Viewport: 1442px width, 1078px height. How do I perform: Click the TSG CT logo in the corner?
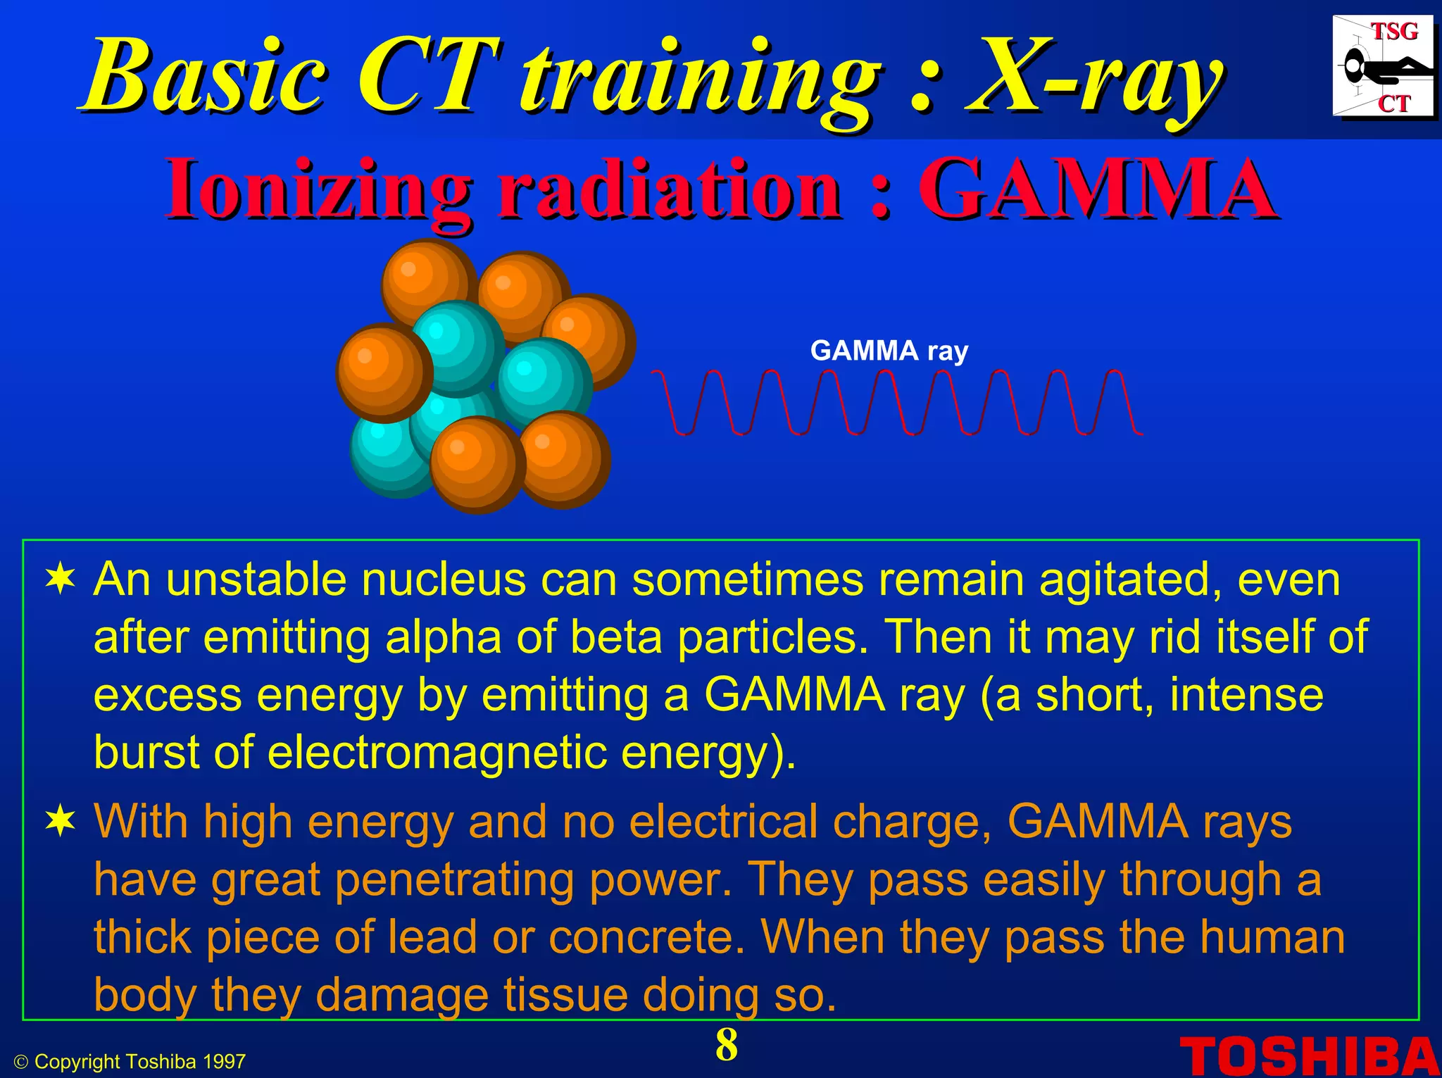point(1383,68)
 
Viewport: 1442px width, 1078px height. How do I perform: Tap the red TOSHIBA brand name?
point(1310,1057)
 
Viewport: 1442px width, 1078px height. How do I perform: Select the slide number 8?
point(727,1045)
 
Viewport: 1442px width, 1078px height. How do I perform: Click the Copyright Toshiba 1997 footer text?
point(131,1062)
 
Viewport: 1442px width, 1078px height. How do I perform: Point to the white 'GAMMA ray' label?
point(889,351)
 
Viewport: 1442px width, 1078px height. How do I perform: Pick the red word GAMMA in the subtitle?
point(1096,189)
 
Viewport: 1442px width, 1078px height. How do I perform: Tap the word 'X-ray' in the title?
point(1093,77)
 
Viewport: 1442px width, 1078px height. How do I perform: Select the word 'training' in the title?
point(700,77)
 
